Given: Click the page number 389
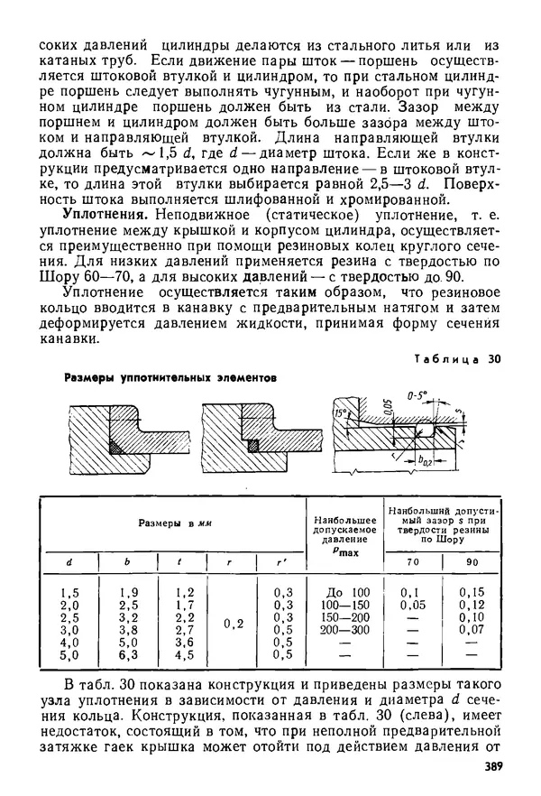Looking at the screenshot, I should [489, 767].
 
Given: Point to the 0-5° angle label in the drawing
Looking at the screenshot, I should [417, 395].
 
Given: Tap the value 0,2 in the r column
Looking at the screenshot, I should [233, 624].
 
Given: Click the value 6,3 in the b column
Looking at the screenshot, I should [129, 655].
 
